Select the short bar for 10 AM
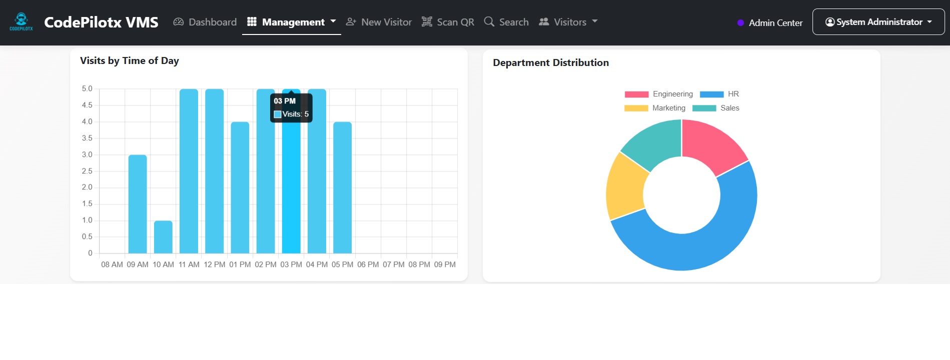coord(163,237)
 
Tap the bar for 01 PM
coord(240,187)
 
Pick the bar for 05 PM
coord(342,187)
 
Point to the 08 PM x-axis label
coord(419,264)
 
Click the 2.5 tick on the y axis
coord(87,171)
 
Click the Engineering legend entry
coord(659,94)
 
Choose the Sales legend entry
coord(716,108)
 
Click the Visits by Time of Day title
coord(130,60)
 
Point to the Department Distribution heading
coord(551,62)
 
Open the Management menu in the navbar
coord(292,22)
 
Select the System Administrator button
coord(878,22)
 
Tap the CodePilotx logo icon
coord(21,21)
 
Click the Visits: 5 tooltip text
coord(295,114)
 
